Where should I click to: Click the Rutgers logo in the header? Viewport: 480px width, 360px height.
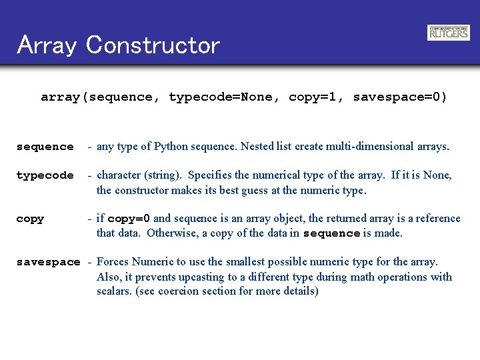(448, 33)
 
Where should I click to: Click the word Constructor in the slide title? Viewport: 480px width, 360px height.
(153, 45)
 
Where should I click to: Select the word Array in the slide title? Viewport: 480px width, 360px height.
(47, 45)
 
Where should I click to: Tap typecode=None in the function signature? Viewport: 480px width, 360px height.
(220, 97)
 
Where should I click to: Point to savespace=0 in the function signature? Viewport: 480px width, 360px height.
(399, 97)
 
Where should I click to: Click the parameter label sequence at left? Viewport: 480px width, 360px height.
(45, 147)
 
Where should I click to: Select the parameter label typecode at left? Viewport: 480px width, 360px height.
(45, 176)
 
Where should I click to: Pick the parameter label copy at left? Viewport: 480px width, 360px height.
(30, 219)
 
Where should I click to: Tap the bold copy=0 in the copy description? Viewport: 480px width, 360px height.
(129, 219)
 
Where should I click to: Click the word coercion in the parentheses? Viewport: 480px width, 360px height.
(180, 291)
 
